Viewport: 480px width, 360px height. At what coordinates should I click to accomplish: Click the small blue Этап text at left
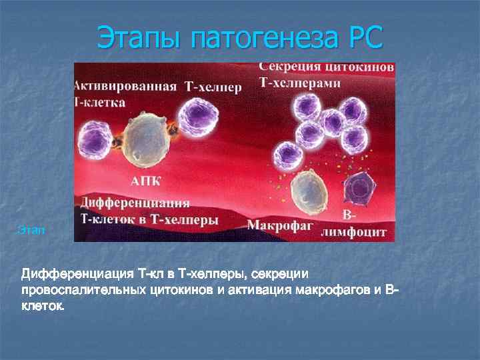coord(31,231)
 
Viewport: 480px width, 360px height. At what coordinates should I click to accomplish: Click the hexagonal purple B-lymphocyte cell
coord(361,189)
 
